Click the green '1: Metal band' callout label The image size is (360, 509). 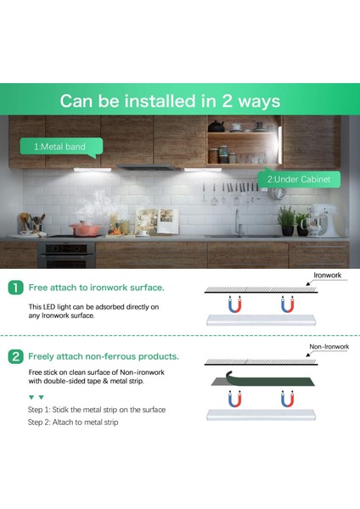pyautogui.click(x=59, y=147)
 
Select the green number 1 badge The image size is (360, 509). pyautogui.click(x=15, y=288)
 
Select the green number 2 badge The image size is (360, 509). pyautogui.click(x=15, y=356)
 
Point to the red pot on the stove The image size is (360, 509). pyautogui.click(x=85, y=228)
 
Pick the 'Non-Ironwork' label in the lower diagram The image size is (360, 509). pyautogui.click(x=329, y=347)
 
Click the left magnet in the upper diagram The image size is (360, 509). pyautogui.click(x=233, y=303)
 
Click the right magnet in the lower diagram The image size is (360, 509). pyautogui.click(x=287, y=398)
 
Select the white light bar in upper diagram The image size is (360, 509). pyautogui.click(x=262, y=319)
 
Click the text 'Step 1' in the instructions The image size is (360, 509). pyautogui.click(x=41, y=410)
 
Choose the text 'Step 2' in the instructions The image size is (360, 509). pyautogui.click(x=41, y=422)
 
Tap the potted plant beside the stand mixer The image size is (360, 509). pyautogui.click(x=286, y=221)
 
